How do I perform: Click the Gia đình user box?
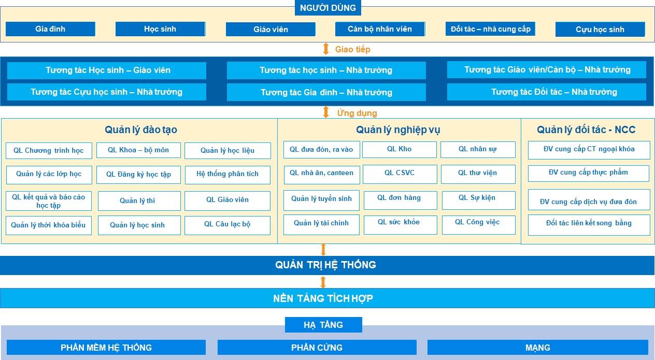pos(50,29)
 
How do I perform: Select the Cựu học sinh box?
pos(600,29)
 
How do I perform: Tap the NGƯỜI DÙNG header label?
pos(328,8)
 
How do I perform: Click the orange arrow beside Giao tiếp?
pos(326,49)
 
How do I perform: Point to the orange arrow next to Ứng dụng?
pos(326,112)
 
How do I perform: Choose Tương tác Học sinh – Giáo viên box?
pos(107,70)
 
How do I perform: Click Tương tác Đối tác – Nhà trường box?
pos(547,92)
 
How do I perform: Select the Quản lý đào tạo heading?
pos(141,129)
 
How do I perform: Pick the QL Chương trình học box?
pos(49,151)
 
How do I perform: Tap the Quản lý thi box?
pos(139,201)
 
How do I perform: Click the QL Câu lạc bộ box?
pos(227,225)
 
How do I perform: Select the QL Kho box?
pos(400,150)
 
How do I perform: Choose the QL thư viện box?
pos(478,174)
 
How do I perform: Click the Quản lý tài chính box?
pos(321,225)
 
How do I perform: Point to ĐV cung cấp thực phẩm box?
pos(589,174)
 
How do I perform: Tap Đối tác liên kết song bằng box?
pos(589,225)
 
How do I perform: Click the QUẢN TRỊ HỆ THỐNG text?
pos(325,265)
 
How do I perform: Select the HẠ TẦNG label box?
pos(323,325)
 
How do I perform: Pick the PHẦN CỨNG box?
pos(317,348)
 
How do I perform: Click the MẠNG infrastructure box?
pos(538,348)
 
